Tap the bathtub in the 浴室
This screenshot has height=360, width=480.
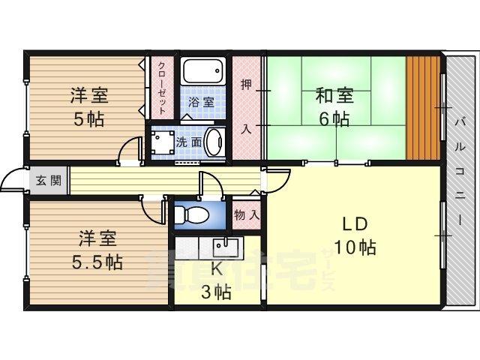point(202,73)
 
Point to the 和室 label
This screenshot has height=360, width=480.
point(334,96)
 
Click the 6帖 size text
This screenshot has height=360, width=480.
point(334,118)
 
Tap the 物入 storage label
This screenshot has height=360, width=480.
point(247,215)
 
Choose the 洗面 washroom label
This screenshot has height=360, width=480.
point(187,141)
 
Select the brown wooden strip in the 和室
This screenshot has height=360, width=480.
point(423,107)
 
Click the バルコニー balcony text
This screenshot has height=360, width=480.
point(460,165)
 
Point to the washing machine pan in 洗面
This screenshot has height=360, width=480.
point(161,142)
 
